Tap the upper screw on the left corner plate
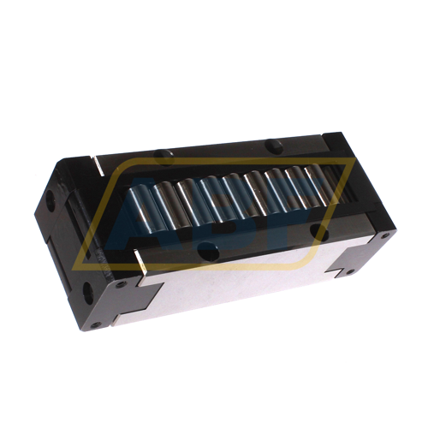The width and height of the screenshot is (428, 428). [122, 283]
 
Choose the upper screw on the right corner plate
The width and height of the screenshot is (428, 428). [383, 234]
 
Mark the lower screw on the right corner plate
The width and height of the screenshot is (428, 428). [349, 271]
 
